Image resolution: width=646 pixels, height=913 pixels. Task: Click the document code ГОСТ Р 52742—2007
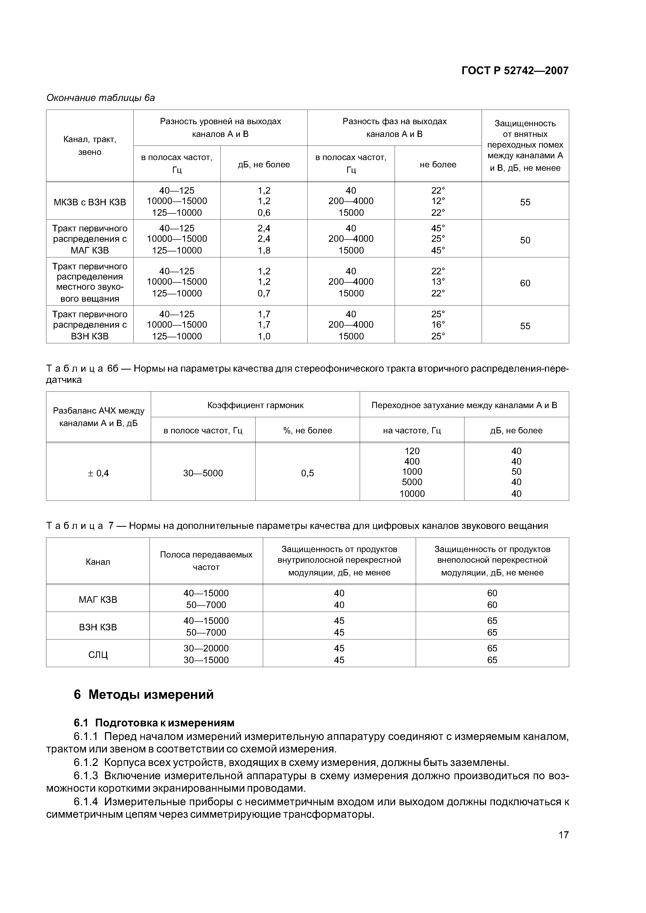[x=515, y=71]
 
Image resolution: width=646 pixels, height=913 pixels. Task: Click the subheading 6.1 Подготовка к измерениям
[x=154, y=722]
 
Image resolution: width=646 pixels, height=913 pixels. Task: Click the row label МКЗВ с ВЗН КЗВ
[x=90, y=202]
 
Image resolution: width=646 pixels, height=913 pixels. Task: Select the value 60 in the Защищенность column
[x=525, y=283]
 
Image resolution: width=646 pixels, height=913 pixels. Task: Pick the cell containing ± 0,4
[x=98, y=473]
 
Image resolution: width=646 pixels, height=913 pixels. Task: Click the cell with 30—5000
[x=203, y=473]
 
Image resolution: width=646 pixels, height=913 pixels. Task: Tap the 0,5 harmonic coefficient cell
[x=307, y=473]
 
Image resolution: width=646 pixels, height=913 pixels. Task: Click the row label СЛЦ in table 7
[x=98, y=654]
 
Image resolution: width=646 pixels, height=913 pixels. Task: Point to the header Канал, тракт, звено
[x=90, y=145]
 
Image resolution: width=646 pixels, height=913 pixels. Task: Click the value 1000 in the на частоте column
[x=412, y=472]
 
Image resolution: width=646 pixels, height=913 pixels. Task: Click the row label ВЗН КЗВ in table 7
[x=98, y=627]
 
